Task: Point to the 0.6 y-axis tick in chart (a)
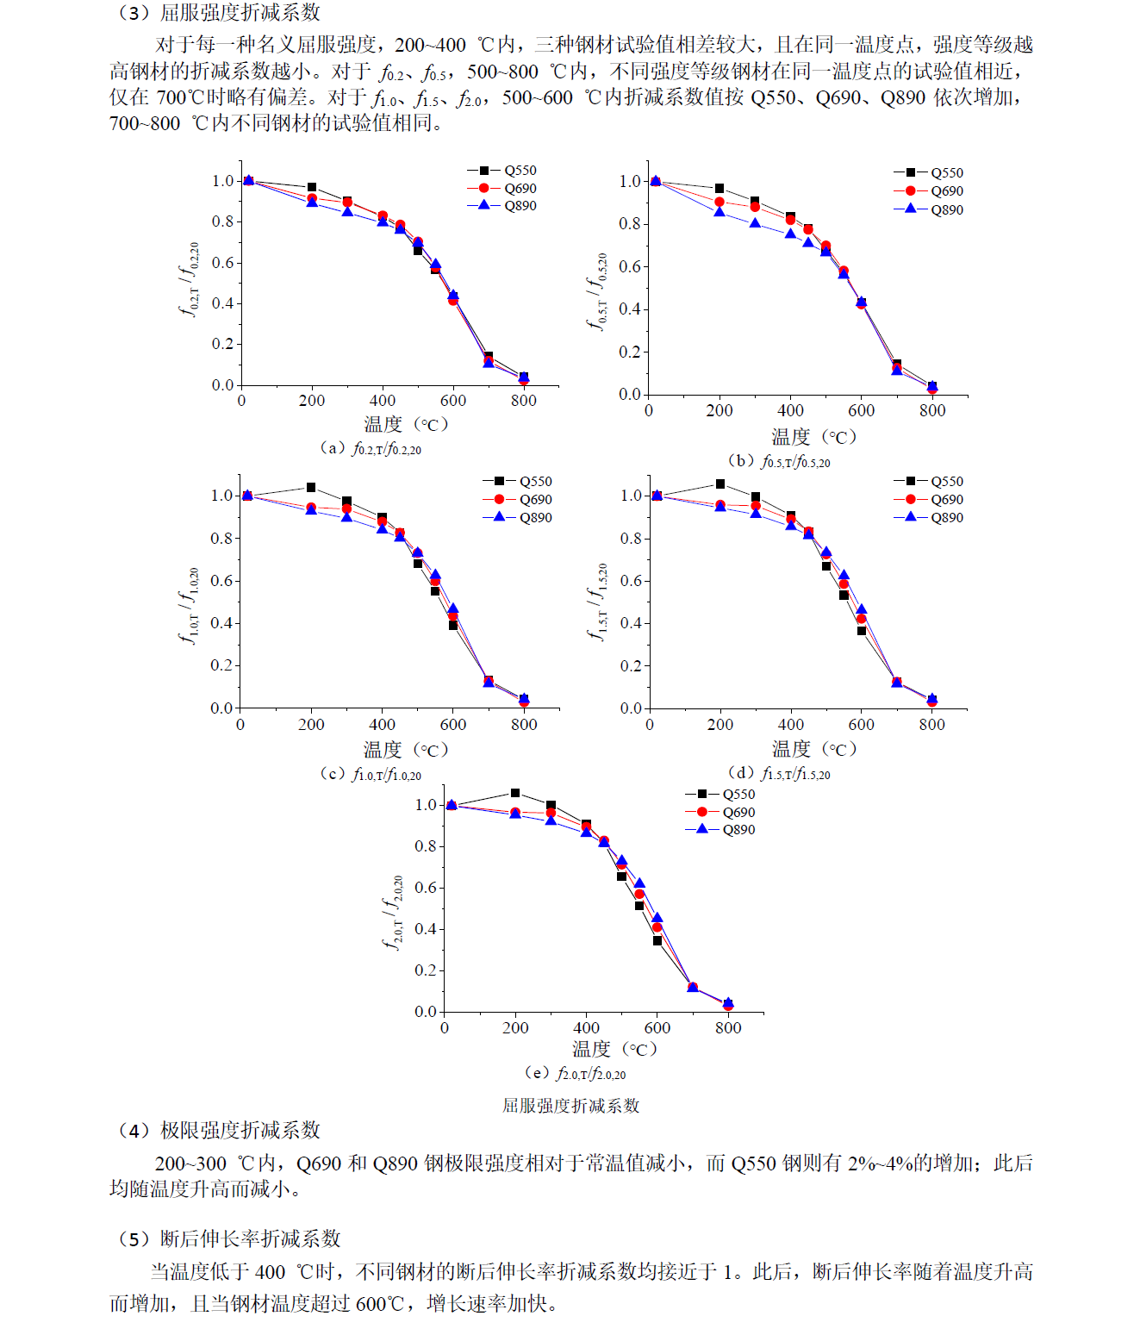pyautogui.click(x=223, y=263)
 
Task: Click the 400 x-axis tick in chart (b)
pyautogui.click(x=790, y=411)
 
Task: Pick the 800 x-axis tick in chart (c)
pyautogui.click(x=524, y=725)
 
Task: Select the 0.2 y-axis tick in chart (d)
pyautogui.click(x=631, y=666)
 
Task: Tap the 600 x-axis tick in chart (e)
pyautogui.click(x=657, y=1028)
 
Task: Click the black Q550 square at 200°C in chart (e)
pyautogui.click(x=515, y=793)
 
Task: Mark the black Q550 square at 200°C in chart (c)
pyautogui.click(x=311, y=488)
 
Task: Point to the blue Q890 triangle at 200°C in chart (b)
pyautogui.click(x=720, y=212)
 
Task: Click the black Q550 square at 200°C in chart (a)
pyautogui.click(x=312, y=187)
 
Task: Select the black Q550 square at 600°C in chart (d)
pyautogui.click(x=862, y=631)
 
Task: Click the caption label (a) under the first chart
pyautogui.click(x=332, y=448)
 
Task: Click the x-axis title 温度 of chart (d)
pyautogui.click(x=791, y=749)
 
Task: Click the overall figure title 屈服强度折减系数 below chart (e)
pyautogui.click(x=570, y=1106)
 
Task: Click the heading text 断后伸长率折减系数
pyautogui.click(x=251, y=1239)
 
